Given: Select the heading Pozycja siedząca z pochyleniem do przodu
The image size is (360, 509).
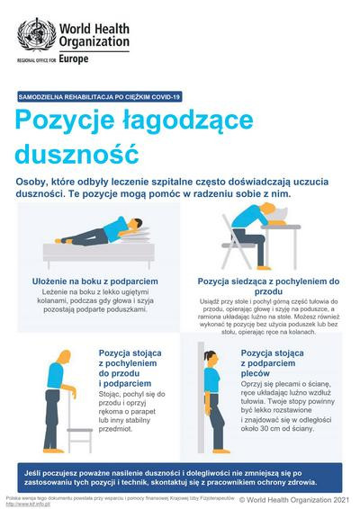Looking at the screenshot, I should (268, 285).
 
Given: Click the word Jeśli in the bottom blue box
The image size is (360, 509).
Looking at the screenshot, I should (38, 470).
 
